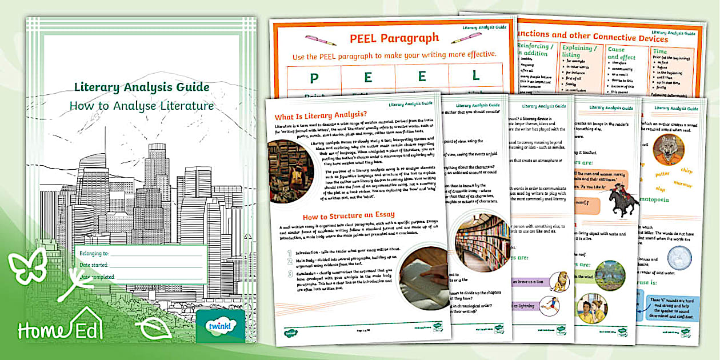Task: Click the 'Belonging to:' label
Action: point(94,252)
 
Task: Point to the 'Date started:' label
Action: point(94,265)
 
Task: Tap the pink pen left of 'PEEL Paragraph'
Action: point(320,40)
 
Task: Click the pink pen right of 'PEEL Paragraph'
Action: point(466,38)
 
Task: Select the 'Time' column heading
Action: point(660,51)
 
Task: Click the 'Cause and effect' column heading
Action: point(622,54)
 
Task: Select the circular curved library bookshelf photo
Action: point(481,243)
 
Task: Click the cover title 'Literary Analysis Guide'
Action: point(142,87)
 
